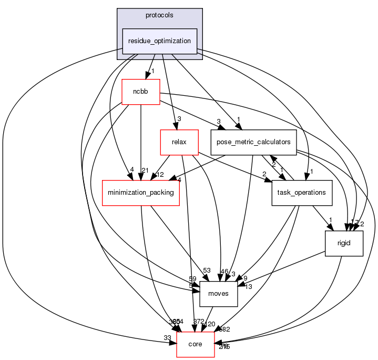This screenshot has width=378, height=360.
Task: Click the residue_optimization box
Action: (x=160, y=41)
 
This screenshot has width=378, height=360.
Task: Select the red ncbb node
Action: (x=140, y=92)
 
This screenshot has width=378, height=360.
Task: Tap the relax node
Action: (x=179, y=142)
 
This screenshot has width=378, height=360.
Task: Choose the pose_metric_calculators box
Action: (x=253, y=142)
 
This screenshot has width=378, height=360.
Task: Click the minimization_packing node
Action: (x=141, y=193)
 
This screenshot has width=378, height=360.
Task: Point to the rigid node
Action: (x=344, y=243)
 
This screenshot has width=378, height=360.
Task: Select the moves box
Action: (x=219, y=294)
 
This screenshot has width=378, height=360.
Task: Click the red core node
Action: (x=196, y=344)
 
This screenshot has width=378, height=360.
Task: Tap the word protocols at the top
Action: (x=160, y=15)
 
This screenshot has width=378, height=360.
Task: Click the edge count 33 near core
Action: (x=167, y=337)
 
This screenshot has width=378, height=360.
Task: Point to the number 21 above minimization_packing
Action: (x=145, y=169)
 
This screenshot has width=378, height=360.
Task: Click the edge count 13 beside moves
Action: (x=248, y=286)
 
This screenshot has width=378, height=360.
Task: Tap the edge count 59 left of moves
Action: (x=192, y=279)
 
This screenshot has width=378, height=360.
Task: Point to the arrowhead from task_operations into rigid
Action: (x=329, y=227)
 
